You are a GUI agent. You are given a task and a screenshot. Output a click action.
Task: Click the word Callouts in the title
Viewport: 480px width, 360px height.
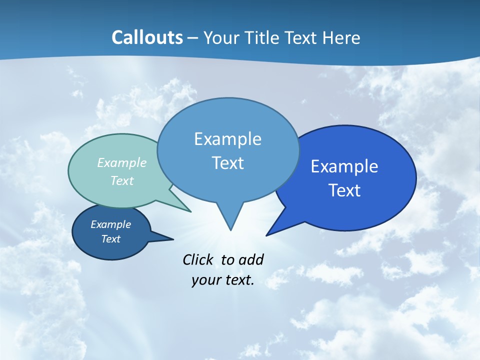point(147,38)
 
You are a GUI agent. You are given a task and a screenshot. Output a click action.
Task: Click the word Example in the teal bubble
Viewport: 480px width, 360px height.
point(122,163)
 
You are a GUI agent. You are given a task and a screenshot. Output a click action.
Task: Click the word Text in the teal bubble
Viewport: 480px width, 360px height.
point(122,180)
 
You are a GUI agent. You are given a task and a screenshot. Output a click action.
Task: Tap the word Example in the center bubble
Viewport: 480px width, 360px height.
point(227,139)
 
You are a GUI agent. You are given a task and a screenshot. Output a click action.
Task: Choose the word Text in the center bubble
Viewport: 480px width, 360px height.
point(227,163)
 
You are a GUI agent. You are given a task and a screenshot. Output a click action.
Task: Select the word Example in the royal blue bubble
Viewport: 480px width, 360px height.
point(344,166)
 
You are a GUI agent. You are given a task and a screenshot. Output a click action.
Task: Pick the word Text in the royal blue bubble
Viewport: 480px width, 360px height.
point(344,190)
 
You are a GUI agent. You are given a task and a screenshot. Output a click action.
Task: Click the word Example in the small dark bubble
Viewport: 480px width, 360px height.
point(110,224)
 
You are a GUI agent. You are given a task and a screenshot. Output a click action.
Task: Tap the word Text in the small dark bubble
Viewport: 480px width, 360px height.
point(110,239)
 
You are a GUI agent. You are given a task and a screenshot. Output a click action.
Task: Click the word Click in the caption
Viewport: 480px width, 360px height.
point(198,259)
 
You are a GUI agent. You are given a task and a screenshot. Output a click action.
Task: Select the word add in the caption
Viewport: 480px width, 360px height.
point(251,259)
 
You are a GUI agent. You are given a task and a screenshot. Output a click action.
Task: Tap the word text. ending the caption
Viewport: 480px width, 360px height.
point(238,280)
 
